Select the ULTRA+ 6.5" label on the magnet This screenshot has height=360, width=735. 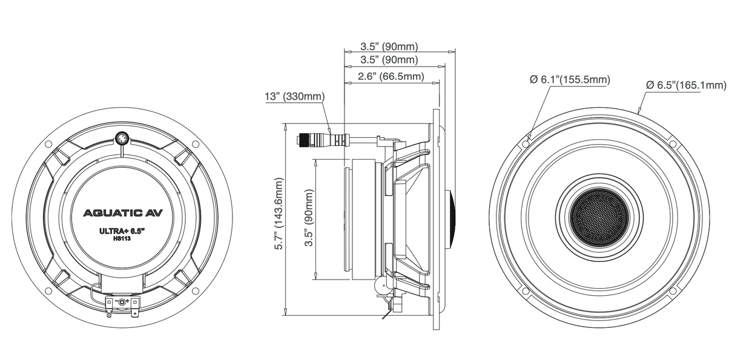pos(122,231)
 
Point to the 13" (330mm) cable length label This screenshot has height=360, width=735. pos(294,97)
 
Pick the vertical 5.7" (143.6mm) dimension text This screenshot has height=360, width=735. pos(279,214)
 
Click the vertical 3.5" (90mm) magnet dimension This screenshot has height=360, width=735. pos(309,217)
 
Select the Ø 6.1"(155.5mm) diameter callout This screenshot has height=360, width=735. pos(569,80)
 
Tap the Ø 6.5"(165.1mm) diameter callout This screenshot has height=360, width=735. pos(685,85)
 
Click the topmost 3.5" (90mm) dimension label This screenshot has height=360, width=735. pos(389,46)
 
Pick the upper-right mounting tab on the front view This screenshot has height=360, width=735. pos(672,144)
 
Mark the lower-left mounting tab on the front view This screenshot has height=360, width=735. pos(526,291)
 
